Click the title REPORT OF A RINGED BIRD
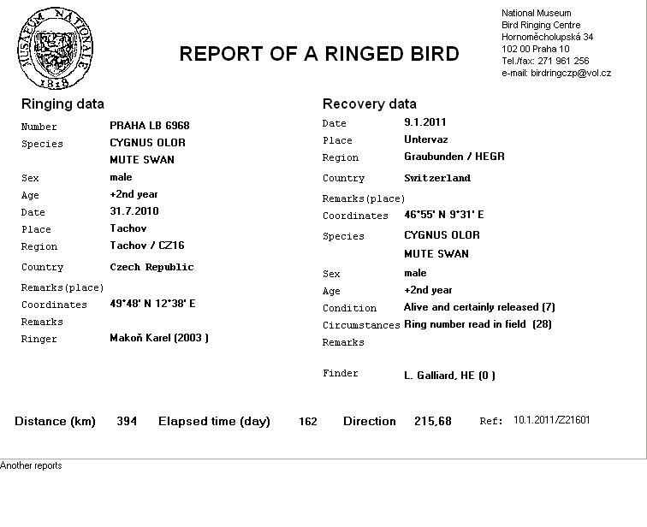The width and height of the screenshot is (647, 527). pos(318,54)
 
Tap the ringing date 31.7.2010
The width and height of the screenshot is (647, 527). pos(134,211)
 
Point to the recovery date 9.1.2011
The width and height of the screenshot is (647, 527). pos(425,122)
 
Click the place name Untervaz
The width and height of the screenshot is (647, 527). pos(425,139)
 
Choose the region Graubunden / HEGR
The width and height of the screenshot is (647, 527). pos(454,157)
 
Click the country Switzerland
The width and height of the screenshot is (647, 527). pos(436,178)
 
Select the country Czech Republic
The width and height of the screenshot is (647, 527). pos(151,267)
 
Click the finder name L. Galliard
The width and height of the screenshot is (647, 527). pos(436,375)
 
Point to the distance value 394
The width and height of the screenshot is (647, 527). pos(127,421)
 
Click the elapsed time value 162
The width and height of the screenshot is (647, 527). pos(307,422)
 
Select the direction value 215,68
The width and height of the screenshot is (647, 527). pos(433,422)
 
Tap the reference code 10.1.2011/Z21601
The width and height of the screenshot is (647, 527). pos(551,420)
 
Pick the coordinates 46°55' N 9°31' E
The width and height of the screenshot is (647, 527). pos(443,215)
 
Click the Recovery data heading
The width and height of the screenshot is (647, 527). pos(369,104)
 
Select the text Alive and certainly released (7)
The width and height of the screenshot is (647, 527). pos(479,307)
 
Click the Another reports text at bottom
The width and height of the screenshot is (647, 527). pos(31,465)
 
